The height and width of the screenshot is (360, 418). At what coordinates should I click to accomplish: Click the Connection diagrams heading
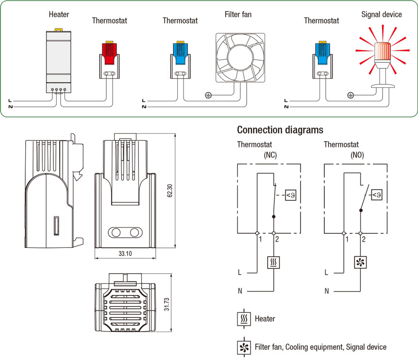[x=280, y=130]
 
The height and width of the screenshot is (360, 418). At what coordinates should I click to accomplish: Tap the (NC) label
[x=270, y=155]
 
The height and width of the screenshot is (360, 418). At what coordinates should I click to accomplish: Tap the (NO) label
[x=357, y=155]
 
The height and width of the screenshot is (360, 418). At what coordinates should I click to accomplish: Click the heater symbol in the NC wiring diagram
[x=274, y=262]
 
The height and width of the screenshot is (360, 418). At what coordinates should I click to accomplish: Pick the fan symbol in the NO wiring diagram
[x=361, y=262]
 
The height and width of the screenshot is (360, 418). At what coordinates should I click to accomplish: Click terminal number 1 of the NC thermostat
[x=260, y=240]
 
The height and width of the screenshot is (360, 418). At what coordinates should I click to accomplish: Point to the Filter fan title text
[x=238, y=14]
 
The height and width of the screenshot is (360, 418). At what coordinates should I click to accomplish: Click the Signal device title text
[x=382, y=14]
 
